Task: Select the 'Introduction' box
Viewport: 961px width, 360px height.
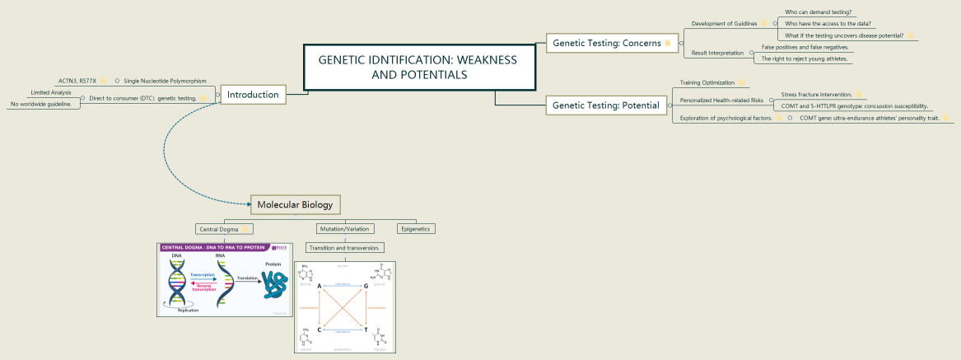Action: pos(253,95)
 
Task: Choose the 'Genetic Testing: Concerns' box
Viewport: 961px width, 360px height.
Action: pos(606,43)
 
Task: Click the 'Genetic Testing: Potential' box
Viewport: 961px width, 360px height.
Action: pos(606,105)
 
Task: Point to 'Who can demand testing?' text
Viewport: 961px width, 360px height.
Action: pos(818,12)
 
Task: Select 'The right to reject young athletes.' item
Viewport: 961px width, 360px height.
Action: pos(804,58)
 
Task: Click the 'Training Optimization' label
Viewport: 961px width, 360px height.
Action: pos(707,82)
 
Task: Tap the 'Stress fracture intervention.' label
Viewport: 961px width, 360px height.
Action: pos(816,95)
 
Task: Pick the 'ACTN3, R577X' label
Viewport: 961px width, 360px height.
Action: pos(77,81)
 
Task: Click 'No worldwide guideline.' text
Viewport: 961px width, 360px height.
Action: pos(40,105)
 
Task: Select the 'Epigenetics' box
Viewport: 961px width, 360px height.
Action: pos(416,228)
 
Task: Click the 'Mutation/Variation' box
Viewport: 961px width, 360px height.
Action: pos(346,228)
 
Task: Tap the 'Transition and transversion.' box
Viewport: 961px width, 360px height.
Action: pos(344,247)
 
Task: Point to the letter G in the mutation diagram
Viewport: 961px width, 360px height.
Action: pos(365,285)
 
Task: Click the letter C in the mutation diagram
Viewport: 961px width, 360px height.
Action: pos(318,330)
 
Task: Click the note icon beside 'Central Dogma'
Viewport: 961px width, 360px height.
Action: pos(245,228)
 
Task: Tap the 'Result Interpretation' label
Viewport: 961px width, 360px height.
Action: pos(717,53)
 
